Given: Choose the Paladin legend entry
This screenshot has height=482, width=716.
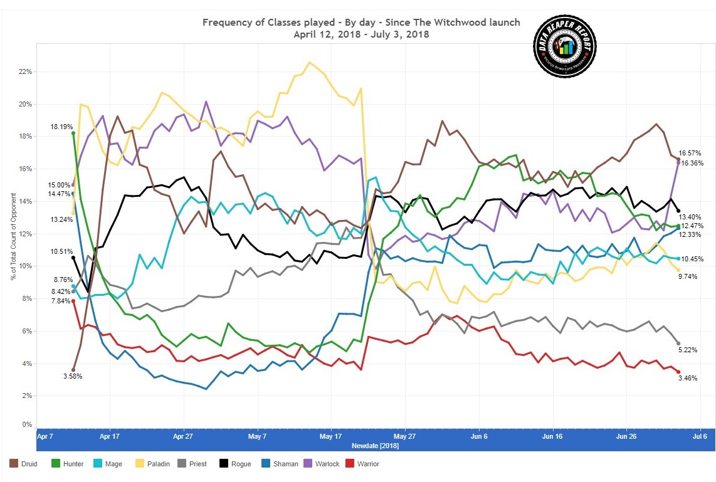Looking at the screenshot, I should click(162, 464).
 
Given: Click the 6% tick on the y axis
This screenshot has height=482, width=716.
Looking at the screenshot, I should click(27, 331).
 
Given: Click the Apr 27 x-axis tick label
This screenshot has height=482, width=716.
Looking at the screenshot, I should click(182, 436).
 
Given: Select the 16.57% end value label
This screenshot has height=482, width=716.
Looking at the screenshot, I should click(690, 153).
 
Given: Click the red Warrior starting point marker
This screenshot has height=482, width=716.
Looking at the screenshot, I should click(73, 301).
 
